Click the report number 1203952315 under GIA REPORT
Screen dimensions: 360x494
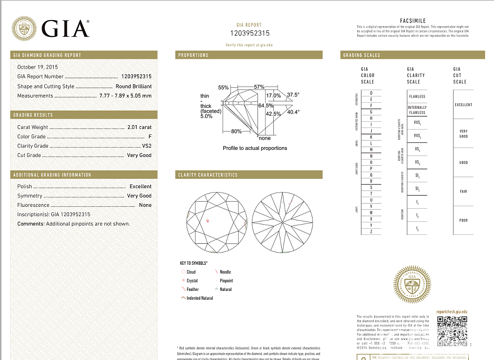coord(250,33)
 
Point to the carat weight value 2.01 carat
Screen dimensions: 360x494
coord(139,127)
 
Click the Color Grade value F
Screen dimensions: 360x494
coord(150,136)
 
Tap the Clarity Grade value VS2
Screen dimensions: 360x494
coord(146,146)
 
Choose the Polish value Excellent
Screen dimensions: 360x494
coord(140,186)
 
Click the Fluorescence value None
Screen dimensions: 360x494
coord(145,205)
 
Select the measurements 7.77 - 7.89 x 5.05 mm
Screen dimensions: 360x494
coord(125,96)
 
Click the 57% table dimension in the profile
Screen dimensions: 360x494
coord(259,87)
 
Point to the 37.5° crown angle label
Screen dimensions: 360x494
coord(293,95)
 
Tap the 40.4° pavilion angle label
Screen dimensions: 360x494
coord(293,112)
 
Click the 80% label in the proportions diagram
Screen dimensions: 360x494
coord(237,132)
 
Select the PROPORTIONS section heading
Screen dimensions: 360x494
coord(193,55)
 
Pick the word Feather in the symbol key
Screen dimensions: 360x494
coord(192,289)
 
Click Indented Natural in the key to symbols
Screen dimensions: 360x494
coord(200,298)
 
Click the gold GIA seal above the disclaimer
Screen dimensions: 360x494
coord(412,284)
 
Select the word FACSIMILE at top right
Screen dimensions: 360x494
coord(413,21)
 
